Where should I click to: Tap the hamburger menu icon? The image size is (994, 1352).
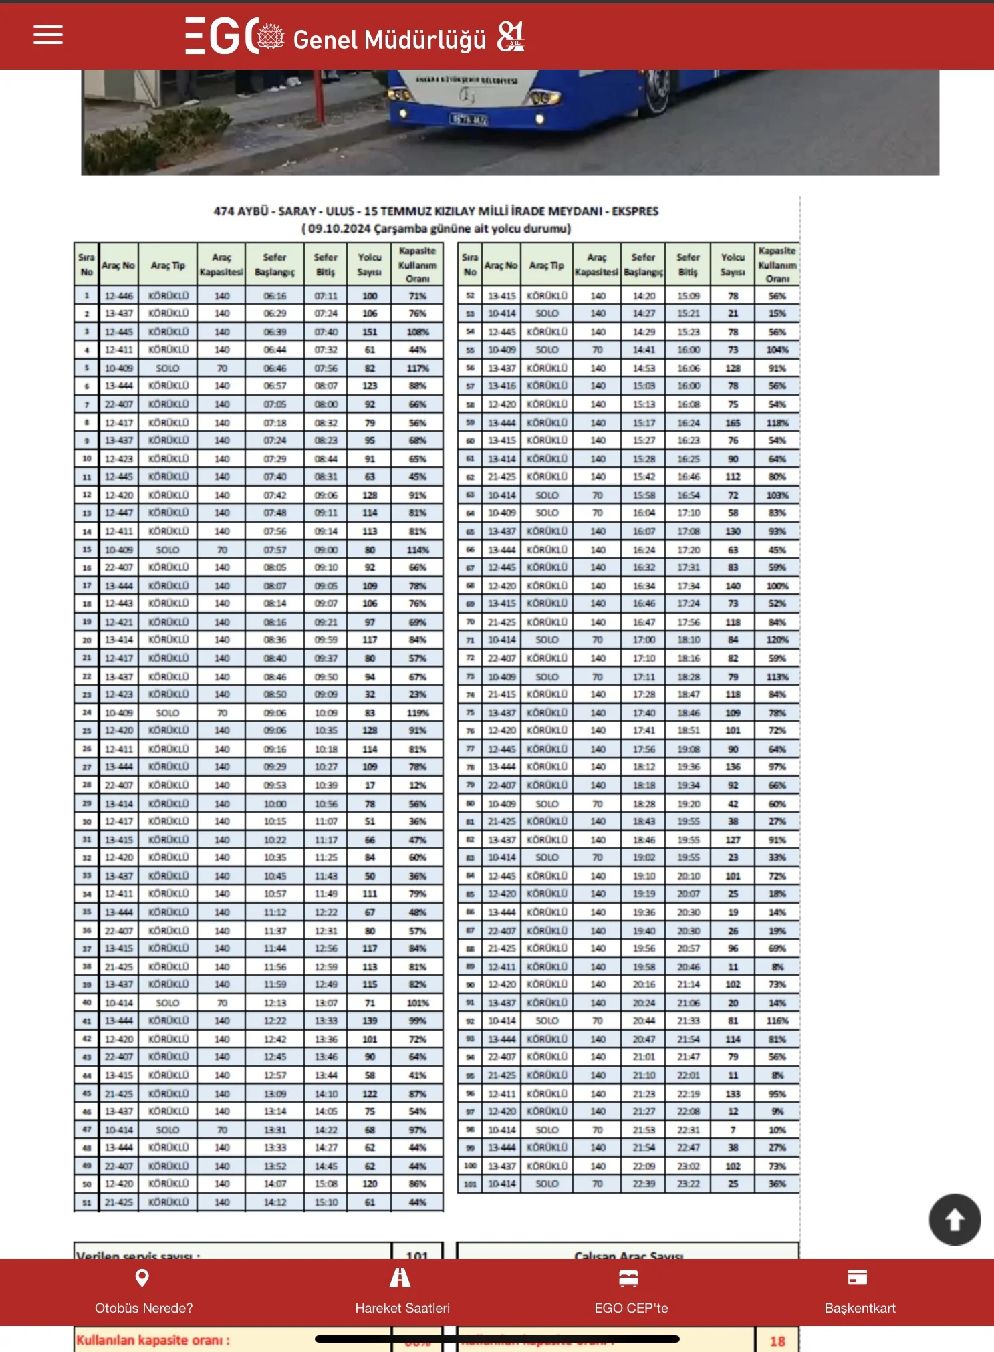tap(48, 35)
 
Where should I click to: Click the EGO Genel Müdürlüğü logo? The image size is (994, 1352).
tap(354, 37)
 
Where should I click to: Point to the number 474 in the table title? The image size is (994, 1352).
tap(223, 211)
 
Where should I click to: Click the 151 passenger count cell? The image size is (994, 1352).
tap(370, 332)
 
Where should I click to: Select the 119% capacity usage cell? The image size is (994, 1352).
tap(418, 713)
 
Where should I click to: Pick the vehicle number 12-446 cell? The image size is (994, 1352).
tap(119, 296)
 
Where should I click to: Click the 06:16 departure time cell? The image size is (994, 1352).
tap(275, 296)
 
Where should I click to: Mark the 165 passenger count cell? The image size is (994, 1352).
tap(733, 423)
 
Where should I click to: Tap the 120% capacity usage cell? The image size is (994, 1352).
tap(777, 640)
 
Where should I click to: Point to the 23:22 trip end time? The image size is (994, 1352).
tap(688, 1184)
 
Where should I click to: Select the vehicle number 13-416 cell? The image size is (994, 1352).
tap(502, 386)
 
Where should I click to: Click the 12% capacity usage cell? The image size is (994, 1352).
tap(418, 785)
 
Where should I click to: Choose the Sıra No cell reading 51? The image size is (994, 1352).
tap(86, 1202)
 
